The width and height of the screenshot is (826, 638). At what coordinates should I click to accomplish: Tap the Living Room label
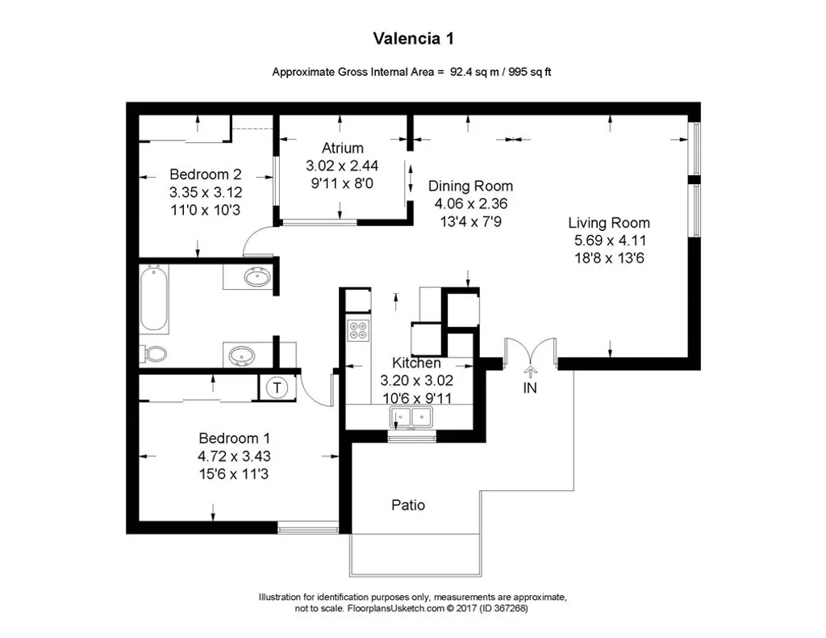608,223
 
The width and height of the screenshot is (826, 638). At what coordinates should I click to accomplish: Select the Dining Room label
470,186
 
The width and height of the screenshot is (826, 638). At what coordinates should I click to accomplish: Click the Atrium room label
342,148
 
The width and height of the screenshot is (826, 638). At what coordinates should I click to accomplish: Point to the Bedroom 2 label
206,174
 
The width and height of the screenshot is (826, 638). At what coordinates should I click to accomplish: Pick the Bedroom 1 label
228,439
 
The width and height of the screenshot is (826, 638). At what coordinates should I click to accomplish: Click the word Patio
408,506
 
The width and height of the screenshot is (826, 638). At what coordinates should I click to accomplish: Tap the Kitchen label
416,363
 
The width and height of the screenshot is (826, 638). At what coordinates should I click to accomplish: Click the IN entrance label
530,388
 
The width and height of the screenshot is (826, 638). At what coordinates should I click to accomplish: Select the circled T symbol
277,388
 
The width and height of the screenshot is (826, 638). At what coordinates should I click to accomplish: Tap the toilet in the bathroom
153,354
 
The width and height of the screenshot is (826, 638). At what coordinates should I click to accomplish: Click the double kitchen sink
411,417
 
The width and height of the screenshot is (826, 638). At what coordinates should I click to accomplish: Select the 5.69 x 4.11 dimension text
608,240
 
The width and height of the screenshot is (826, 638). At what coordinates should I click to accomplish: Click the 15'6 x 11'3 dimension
228,474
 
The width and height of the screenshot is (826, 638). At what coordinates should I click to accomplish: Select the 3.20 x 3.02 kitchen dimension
416,380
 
